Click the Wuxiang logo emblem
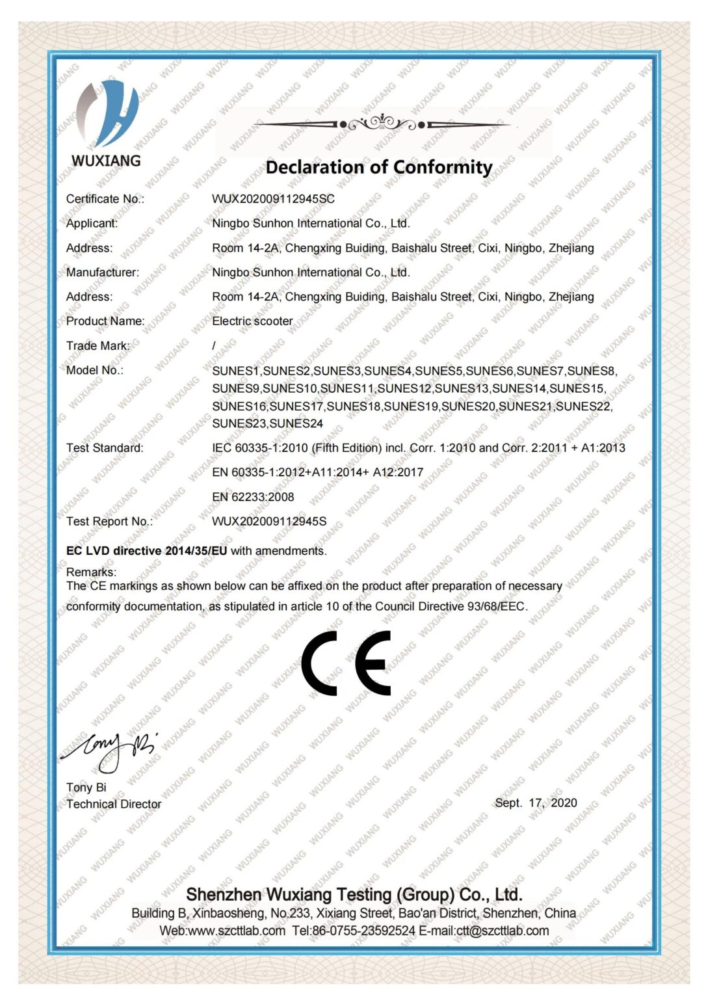tap(107, 114)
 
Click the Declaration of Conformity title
tap(378, 167)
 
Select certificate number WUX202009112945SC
tap(273, 199)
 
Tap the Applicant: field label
tap(92, 223)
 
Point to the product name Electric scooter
tap(252, 321)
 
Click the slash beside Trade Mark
tap(214, 346)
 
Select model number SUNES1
tap(236, 371)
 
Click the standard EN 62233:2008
tap(253, 497)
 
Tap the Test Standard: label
tap(105, 448)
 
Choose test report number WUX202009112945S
tap(269, 522)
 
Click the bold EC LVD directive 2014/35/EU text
tap(147, 551)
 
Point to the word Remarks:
tap(91, 572)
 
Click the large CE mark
tap(346, 662)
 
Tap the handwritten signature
tap(109, 749)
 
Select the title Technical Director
tap(114, 804)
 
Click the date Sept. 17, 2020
tap(536, 803)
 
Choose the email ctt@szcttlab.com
tap(502, 931)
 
